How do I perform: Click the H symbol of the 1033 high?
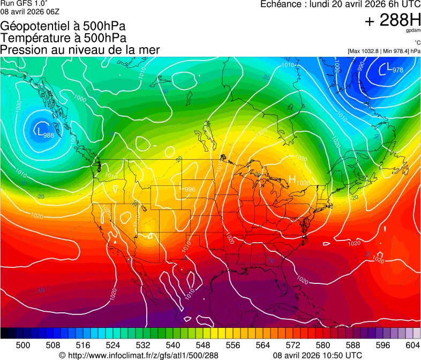(292, 179)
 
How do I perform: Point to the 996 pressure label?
(190, 190)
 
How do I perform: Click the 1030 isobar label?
(301, 159)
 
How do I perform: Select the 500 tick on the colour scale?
(23, 346)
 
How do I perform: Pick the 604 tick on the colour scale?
(413, 346)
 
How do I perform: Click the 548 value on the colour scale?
(203, 346)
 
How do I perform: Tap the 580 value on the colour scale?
(323, 346)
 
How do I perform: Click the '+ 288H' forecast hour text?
(393, 20)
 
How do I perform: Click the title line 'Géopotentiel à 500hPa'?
(63, 26)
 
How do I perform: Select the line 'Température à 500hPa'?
(63, 38)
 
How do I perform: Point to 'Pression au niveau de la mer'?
(80, 50)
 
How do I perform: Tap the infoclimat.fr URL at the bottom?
(138, 355)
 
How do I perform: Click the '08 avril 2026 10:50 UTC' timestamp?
(317, 355)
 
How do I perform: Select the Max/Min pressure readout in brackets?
(384, 51)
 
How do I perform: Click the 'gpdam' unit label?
(412, 31)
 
